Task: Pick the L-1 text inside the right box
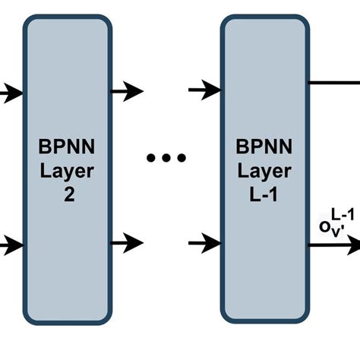[x=264, y=194]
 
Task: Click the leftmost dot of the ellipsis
[x=151, y=158]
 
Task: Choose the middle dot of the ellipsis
[x=166, y=158]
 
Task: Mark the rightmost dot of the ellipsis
[x=181, y=158]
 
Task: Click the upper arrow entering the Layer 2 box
[x=11, y=93]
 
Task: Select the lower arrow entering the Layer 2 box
[x=11, y=245]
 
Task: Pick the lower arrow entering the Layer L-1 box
[x=205, y=243]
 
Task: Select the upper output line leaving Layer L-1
[x=334, y=80]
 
